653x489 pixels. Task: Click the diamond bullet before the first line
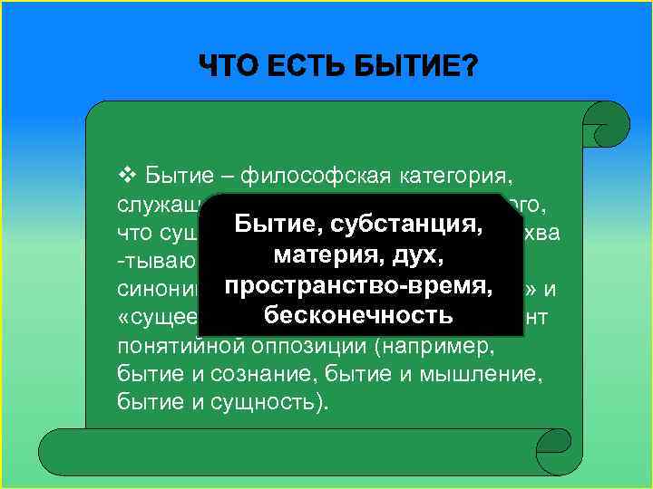click(127, 172)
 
